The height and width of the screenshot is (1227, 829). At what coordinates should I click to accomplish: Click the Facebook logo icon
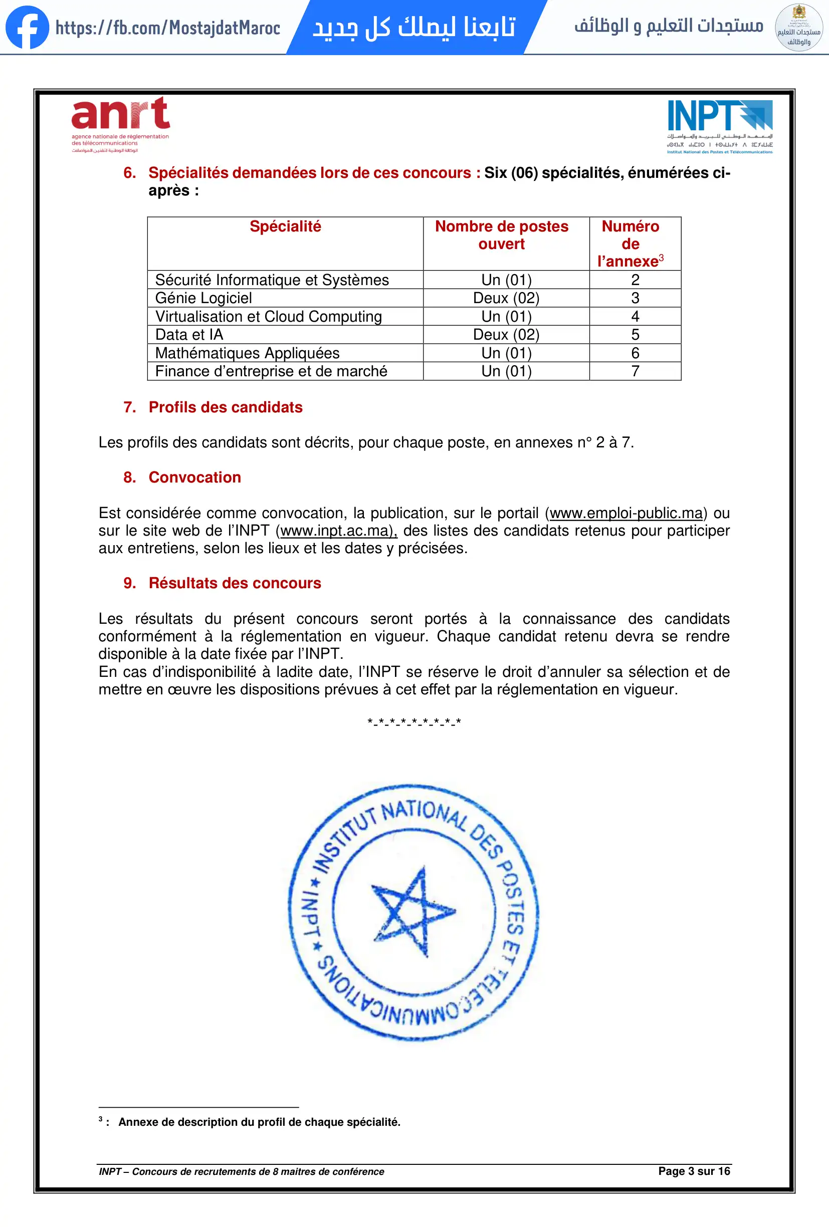pyautogui.click(x=27, y=27)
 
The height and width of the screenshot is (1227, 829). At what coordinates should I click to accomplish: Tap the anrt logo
pyautogui.click(x=120, y=124)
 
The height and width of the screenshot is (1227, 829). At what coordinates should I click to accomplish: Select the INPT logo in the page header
pyautogui.click(x=720, y=126)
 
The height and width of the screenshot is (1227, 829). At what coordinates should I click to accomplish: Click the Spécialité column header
pyautogui.click(x=285, y=227)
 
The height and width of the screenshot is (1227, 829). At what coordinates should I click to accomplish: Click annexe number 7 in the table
pyautogui.click(x=635, y=371)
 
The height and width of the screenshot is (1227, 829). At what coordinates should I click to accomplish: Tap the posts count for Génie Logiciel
pyautogui.click(x=506, y=298)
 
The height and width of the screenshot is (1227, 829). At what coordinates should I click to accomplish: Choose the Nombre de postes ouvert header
pyautogui.click(x=502, y=235)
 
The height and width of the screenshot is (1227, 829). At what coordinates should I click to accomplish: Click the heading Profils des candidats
pyautogui.click(x=226, y=407)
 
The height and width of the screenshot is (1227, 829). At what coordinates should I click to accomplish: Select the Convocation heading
pyautogui.click(x=195, y=477)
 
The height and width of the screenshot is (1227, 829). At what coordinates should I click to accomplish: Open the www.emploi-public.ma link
pyautogui.click(x=626, y=513)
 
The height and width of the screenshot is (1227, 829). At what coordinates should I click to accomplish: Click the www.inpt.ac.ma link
pyautogui.click(x=338, y=531)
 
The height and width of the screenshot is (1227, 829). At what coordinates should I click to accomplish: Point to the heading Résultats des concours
pyautogui.click(x=235, y=583)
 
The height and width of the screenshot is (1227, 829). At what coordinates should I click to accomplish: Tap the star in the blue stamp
pyautogui.click(x=413, y=911)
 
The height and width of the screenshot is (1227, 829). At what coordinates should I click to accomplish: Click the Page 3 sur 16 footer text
pyautogui.click(x=694, y=1171)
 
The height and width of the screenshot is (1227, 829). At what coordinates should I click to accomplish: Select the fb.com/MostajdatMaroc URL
pyautogui.click(x=168, y=28)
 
